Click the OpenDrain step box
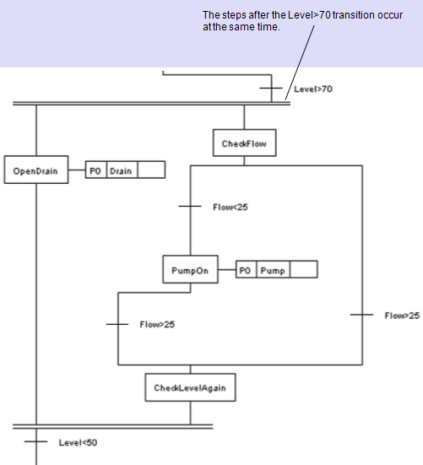[x=35, y=170]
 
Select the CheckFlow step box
[x=244, y=143]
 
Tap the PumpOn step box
[x=190, y=271]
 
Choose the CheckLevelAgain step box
[x=190, y=388]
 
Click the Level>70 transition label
[x=313, y=88]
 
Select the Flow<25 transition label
[x=230, y=206]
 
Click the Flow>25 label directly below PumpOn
[x=157, y=324]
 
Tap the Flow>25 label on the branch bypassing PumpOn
[x=401, y=315]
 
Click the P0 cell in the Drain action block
[x=96, y=170]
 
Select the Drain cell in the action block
[x=122, y=170]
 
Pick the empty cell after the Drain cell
[x=150, y=170]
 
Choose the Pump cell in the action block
[x=272, y=271]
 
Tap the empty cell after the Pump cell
[x=304, y=271]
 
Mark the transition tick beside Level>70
[x=272, y=88]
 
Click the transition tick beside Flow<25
[x=190, y=206]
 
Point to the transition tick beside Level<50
[x=36, y=441]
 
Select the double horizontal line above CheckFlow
[x=152, y=104]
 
